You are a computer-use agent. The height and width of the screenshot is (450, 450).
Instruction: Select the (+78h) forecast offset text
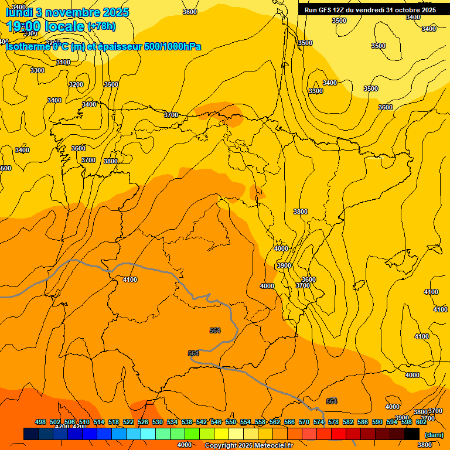click(101, 26)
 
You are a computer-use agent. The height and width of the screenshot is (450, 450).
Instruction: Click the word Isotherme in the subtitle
click(28, 47)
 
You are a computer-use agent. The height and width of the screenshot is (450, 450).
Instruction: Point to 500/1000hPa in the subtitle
click(172, 47)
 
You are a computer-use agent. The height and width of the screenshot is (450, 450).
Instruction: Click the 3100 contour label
click(63, 63)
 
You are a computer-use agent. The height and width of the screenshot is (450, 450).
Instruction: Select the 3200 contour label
click(76, 84)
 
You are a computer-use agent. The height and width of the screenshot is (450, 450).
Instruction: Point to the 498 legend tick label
click(40, 422)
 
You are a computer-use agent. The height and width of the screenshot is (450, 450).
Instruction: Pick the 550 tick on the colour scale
click(231, 422)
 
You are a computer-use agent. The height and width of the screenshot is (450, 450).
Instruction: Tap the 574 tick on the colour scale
click(319, 422)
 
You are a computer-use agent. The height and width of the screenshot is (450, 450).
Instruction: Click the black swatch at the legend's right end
click(412, 434)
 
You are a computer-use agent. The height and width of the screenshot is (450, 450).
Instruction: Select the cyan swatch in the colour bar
click(148, 434)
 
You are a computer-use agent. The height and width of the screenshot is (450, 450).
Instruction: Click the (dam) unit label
click(434, 435)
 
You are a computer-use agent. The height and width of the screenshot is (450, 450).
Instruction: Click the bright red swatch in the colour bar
click(339, 434)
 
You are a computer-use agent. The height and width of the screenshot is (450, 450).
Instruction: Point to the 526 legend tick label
click(143, 422)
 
